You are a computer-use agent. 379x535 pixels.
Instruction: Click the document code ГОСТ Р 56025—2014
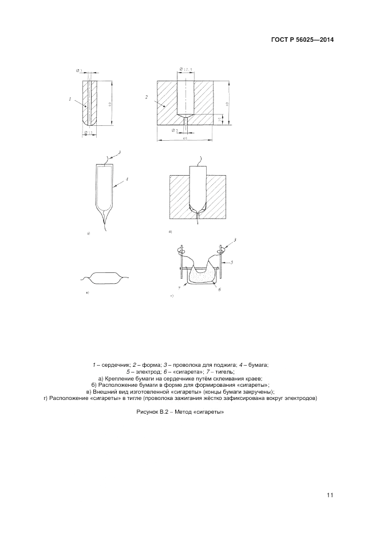point(302,40)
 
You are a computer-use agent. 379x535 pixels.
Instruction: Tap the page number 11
point(330,495)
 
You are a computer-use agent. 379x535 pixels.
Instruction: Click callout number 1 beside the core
point(70,99)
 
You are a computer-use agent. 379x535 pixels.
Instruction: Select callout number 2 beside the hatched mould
point(147,97)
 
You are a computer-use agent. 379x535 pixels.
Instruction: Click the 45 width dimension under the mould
point(185,138)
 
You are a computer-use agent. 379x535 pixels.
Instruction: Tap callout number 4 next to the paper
point(127,179)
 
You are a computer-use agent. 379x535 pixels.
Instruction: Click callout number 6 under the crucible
point(220,290)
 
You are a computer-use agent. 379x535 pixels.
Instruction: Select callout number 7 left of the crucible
point(179,288)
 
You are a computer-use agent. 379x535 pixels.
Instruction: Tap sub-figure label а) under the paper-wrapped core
point(88,234)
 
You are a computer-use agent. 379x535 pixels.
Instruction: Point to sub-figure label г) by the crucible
point(172,296)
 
